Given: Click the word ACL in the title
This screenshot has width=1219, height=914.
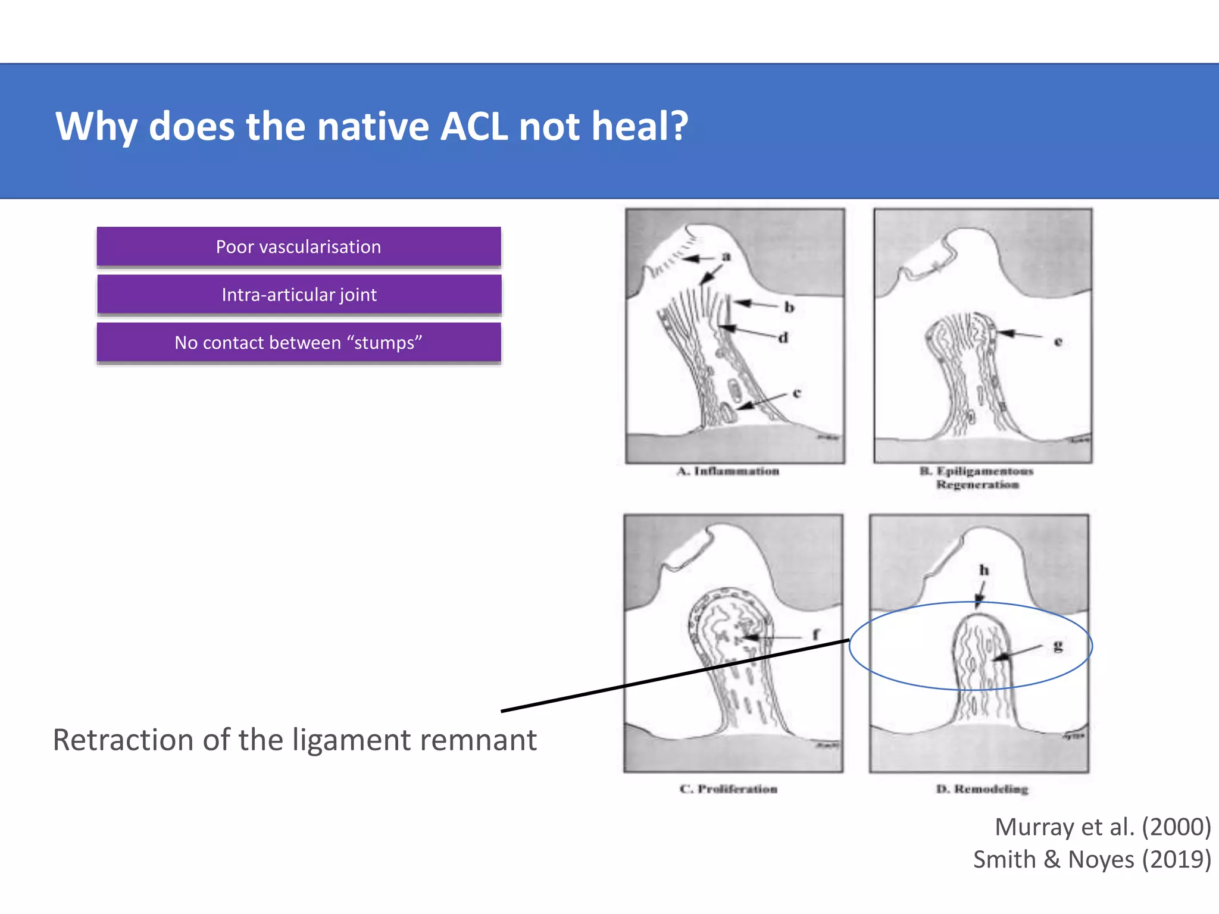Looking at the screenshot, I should (474, 127).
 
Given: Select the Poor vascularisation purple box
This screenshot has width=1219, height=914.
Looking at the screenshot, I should (299, 246).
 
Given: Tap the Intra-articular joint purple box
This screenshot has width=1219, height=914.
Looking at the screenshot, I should (299, 295).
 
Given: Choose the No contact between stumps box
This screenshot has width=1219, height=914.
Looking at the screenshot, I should (299, 343).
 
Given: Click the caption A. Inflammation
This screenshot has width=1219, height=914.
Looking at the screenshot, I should (728, 471).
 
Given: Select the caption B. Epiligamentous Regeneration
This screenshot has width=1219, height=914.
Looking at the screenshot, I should (977, 478).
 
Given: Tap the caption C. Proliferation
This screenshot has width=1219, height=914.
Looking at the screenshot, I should (729, 789).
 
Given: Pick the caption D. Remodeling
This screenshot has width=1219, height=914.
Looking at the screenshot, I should (982, 789).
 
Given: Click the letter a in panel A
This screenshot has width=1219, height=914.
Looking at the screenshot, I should (726, 256).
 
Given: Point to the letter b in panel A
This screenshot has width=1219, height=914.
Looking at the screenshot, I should (789, 307).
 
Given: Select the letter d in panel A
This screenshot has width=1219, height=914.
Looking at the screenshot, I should (783, 337).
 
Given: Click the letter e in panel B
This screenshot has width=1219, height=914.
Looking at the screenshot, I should (1058, 342).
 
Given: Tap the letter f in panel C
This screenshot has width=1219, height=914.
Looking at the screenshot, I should (816, 634).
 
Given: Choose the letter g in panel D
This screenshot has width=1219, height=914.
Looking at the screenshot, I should (1058, 646).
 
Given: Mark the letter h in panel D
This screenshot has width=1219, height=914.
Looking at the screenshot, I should (984, 570).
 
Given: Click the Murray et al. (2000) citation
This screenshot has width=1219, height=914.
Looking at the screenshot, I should (1102, 827).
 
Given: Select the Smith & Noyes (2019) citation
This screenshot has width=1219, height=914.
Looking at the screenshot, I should (1092, 860).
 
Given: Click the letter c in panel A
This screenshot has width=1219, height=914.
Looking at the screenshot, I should (797, 393).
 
